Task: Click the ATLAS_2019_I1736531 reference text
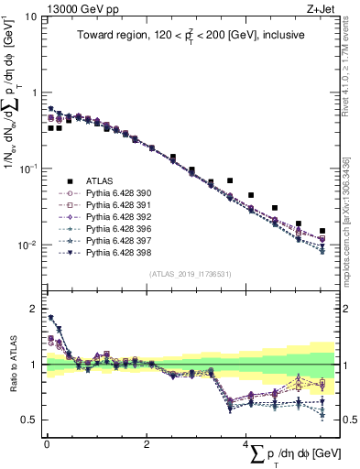tap(190, 273)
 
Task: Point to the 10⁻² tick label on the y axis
tap(26, 245)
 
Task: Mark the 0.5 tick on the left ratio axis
tap(27, 420)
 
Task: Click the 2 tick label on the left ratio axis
tap(32, 309)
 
